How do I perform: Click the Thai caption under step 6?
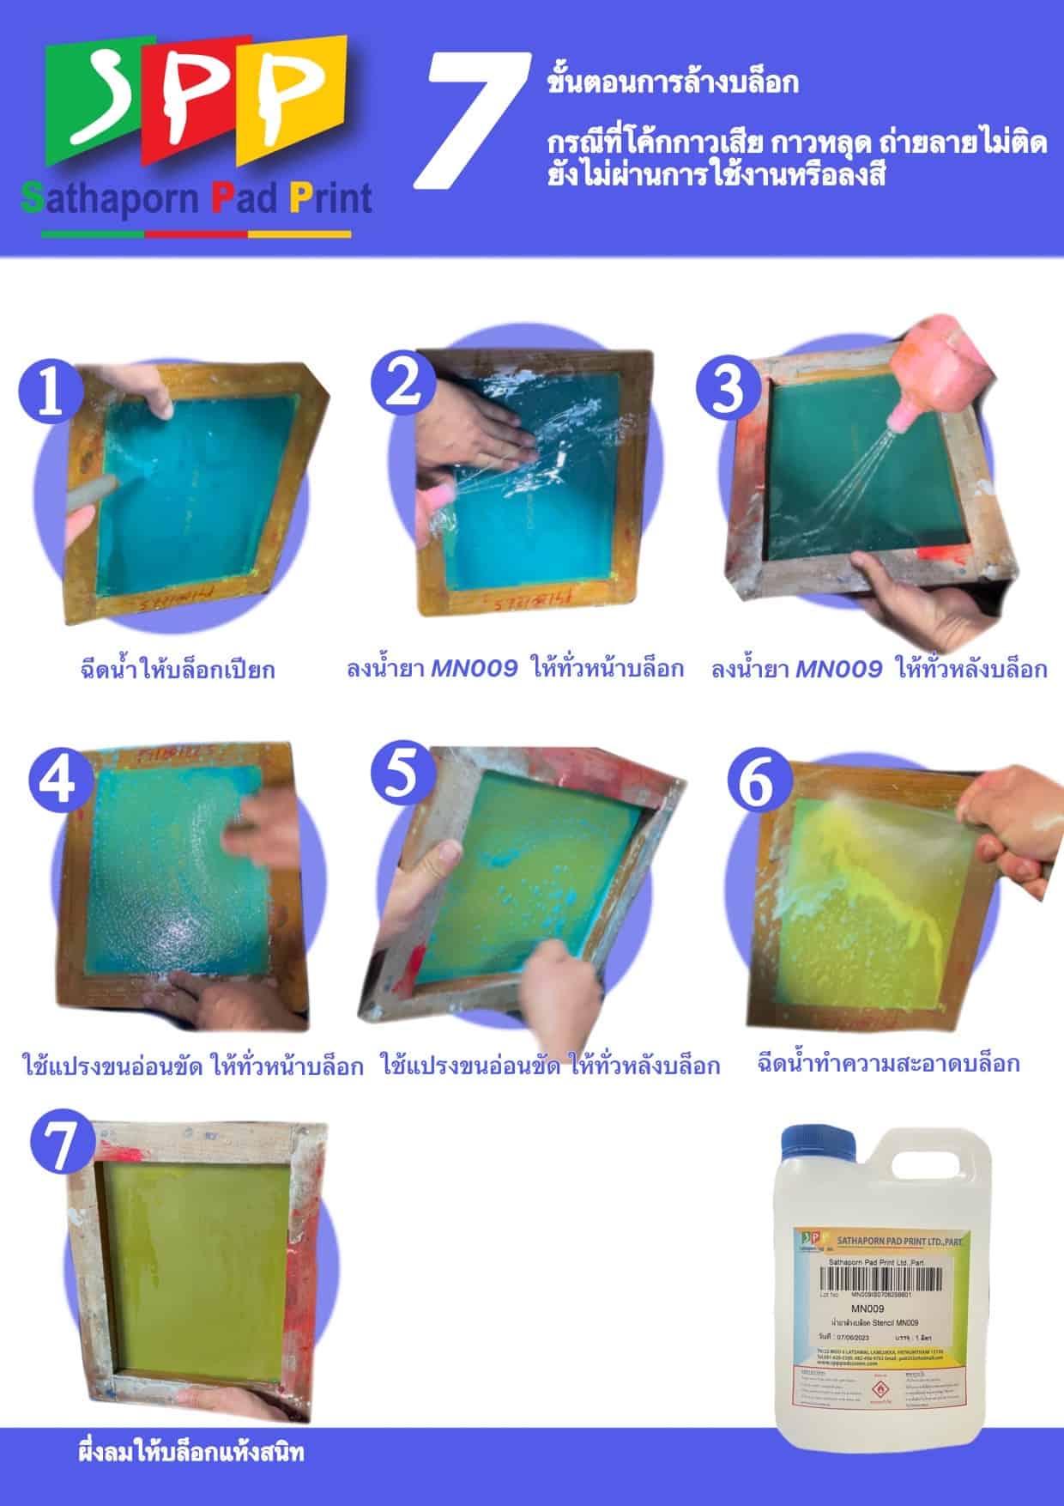(888, 1063)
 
